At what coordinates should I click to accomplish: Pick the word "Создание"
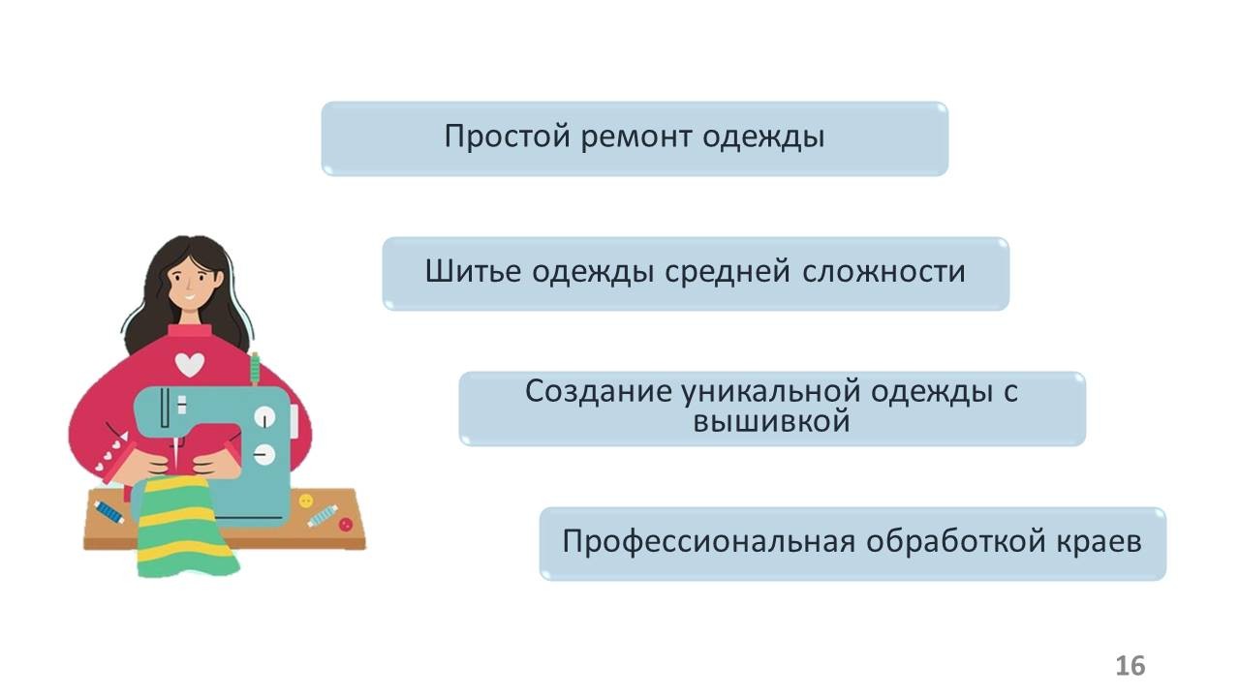[596, 392]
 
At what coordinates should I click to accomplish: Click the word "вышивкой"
[772, 422]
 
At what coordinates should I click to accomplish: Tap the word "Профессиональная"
[708, 541]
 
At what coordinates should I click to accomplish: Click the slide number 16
[1130, 666]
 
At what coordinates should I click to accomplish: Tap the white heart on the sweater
[190, 363]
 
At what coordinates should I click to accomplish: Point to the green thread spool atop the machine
[256, 369]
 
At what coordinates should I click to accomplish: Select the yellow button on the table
[306, 500]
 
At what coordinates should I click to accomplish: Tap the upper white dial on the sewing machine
[263, 417]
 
